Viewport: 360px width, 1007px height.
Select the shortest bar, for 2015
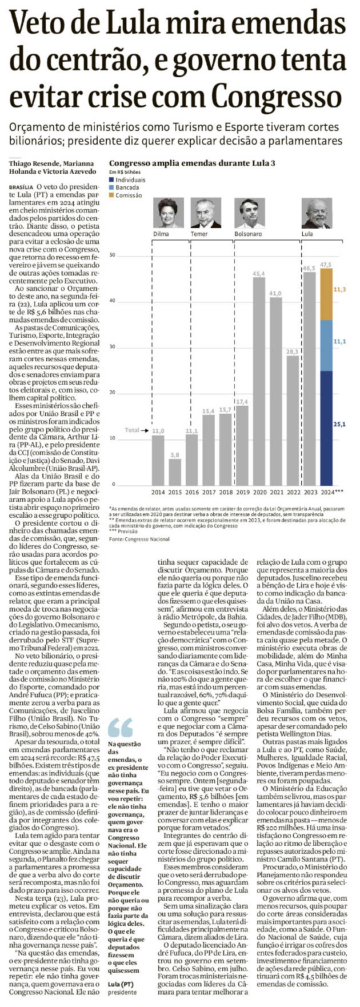coord(175,471)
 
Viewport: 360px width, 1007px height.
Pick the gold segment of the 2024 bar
coord(326,294)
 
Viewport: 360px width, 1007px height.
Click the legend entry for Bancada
coord(127,187)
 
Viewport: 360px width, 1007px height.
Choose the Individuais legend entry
coord(130,179)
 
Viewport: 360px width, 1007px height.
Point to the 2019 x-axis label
coord(242,492)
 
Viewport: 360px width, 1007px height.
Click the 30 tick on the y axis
coord(113,347)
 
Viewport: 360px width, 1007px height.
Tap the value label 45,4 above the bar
coord(259,274)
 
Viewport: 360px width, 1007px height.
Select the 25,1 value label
coord(340,425)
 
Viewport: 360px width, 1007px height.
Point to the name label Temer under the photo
coord(199,234)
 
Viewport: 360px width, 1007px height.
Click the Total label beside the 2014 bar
coord(132,430)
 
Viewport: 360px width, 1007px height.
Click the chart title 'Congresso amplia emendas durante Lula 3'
coord(192,163)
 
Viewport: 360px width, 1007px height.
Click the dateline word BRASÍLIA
coord(21,187)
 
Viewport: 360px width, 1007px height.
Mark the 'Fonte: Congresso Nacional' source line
coord(139,539)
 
